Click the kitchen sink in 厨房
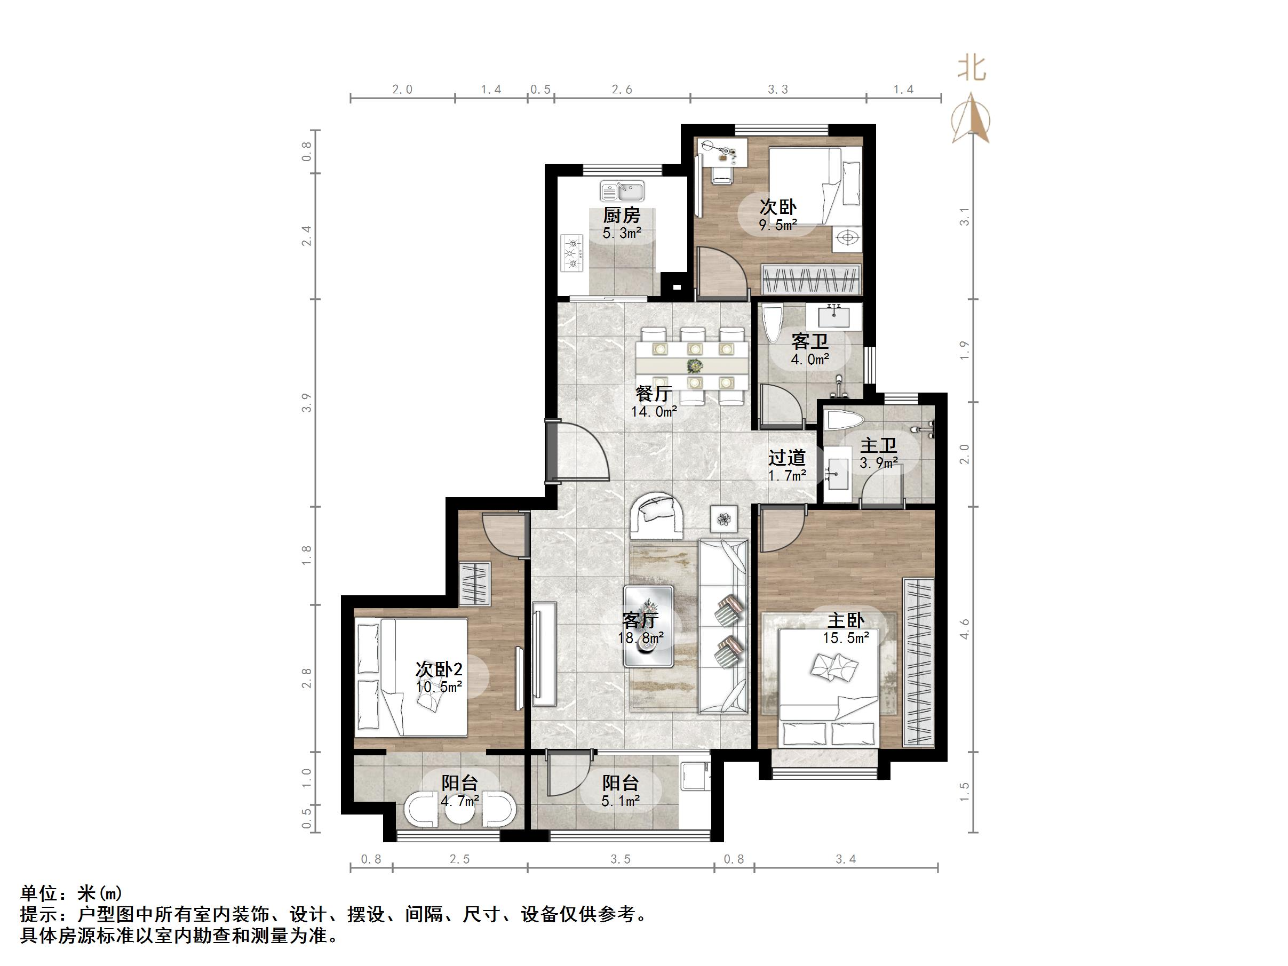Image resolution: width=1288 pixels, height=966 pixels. click(x=622, y=190)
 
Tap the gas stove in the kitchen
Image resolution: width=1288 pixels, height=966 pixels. click(x=572, y=253)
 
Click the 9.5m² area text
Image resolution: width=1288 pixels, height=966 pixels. click(x=777, y=225)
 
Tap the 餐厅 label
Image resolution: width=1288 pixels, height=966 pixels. click(x=653, y=394)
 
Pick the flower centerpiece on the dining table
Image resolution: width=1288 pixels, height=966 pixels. click(x=693, y=366)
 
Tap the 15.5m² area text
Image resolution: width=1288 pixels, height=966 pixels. click(x=846, y=638)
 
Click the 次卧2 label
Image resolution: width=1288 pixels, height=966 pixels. click(x=439, y=669)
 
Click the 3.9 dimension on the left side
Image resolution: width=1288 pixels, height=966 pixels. click(x=307, y=403)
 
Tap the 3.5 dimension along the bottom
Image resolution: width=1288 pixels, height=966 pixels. click(x=620, y=859)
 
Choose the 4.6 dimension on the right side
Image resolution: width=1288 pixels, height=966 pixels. click(x=965, y=629)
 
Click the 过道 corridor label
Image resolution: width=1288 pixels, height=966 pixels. click(x=786, y=458)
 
